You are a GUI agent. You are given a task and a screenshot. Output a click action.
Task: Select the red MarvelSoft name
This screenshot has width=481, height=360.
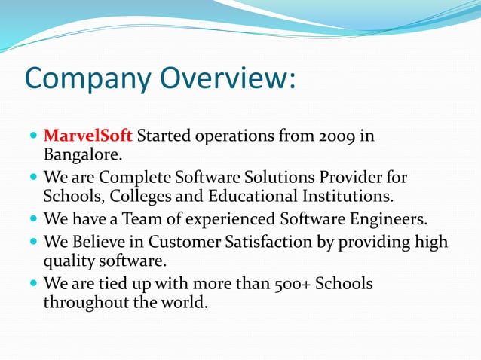[88, 136]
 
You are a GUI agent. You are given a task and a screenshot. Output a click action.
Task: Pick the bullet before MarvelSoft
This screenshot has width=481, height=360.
[33, 137]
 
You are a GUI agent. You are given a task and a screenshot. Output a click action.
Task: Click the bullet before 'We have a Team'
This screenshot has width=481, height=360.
[33, 220]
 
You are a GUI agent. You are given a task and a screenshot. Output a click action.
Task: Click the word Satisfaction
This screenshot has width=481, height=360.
[281, 242]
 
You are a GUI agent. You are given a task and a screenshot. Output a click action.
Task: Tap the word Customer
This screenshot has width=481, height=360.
[199, 242]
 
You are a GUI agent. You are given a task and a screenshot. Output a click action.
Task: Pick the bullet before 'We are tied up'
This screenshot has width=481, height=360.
[33, 285]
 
